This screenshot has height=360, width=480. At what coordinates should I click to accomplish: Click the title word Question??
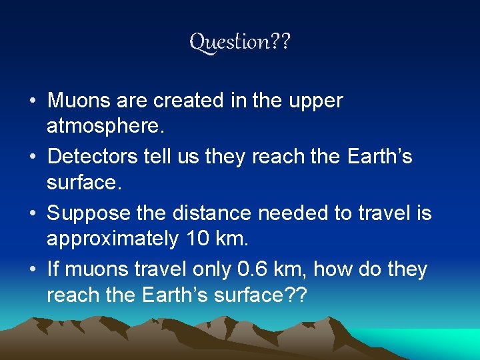(240, 42)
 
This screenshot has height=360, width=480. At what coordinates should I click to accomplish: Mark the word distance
(210, 213)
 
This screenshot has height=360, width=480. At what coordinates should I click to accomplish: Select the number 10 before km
(193, 237)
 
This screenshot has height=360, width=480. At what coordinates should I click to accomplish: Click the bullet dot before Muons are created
(32, 102)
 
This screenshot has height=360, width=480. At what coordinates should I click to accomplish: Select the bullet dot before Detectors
(32, 158)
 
